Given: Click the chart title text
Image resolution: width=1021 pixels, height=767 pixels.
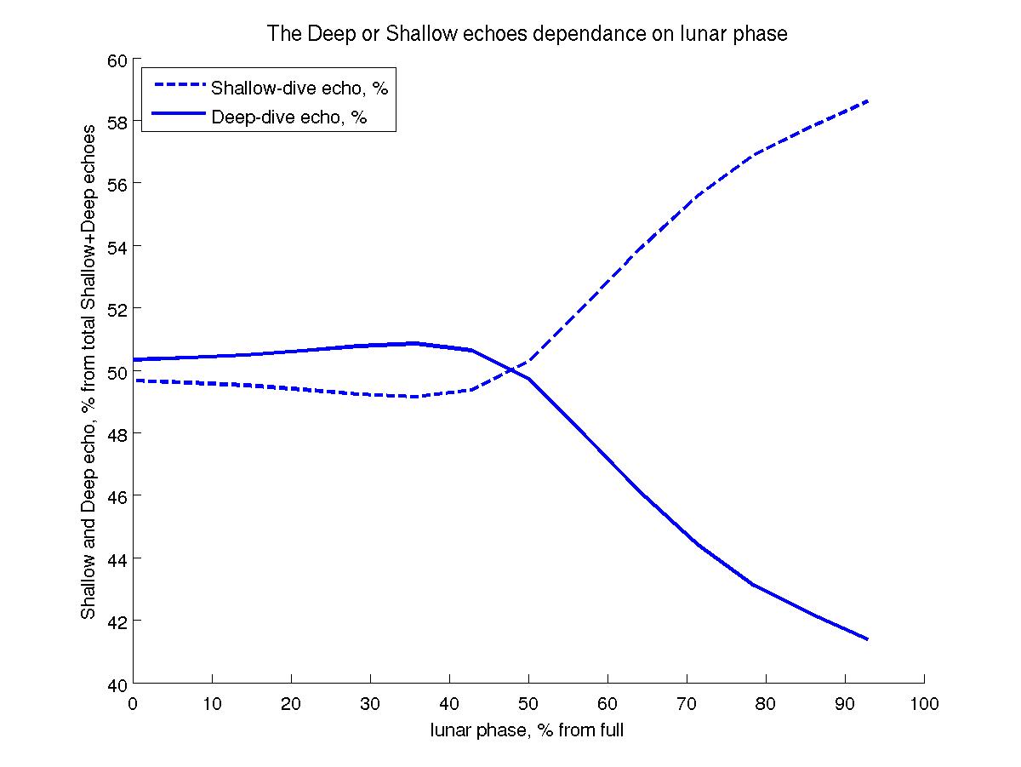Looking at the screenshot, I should [528, 34].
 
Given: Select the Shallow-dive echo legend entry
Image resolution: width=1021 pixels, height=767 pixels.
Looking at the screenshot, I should [299, 88].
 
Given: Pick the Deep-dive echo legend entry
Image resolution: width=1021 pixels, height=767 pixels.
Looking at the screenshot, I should [288, 117].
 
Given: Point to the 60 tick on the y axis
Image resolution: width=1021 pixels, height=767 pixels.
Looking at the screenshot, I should [117, 60].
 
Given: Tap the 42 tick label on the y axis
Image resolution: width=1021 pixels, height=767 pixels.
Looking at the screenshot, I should [117, 621].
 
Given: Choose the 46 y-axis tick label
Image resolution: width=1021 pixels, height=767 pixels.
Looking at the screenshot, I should [117, 496].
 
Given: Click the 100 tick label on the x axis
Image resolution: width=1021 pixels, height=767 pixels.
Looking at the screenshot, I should [924, 704].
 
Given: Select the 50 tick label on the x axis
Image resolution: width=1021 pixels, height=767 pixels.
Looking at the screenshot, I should [528, 704].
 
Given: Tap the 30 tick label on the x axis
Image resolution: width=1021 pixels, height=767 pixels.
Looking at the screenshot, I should [370, 704].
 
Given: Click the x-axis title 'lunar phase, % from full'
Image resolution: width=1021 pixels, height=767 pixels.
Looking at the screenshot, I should [528, 730].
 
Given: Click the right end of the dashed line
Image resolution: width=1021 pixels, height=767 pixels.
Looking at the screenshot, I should [868, 100].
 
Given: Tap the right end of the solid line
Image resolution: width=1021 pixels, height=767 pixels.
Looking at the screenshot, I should [868, 639].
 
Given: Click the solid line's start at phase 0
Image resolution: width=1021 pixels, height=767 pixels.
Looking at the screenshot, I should [134, 359].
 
